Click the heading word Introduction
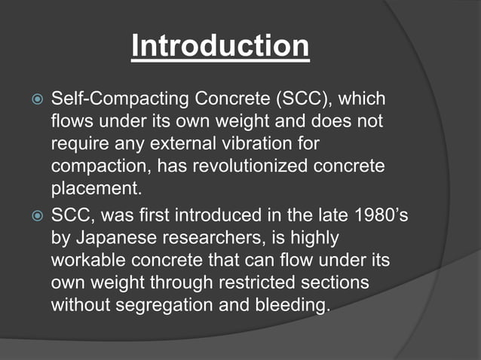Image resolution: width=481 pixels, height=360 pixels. click(220, 47)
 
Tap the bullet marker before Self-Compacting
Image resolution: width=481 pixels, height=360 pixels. click(34, 99)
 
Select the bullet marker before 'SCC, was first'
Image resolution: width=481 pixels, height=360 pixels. click(34, 217)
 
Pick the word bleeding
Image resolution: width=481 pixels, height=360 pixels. click(296, 306)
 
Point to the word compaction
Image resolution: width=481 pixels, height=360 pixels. click(94, 164)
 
